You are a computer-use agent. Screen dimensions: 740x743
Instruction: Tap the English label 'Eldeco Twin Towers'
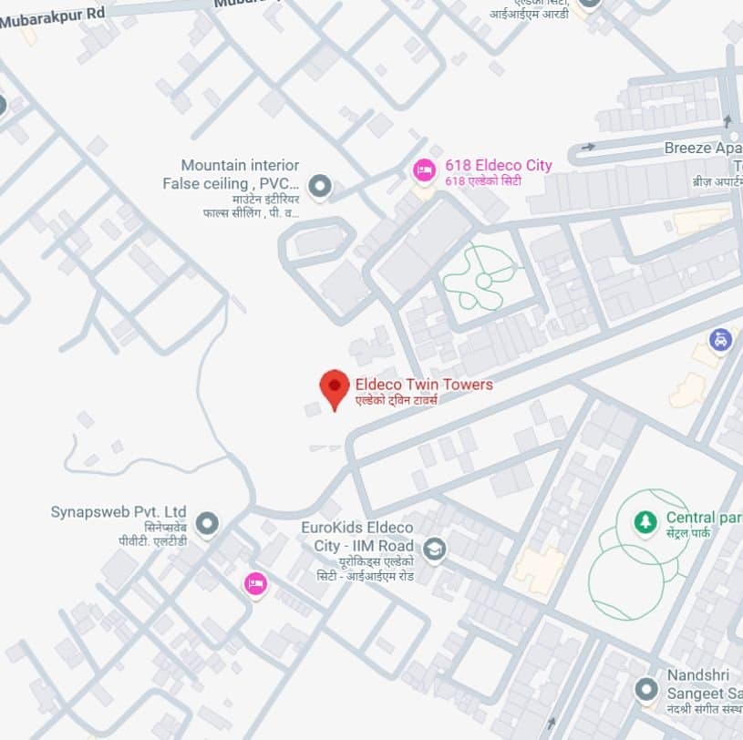[424, 385]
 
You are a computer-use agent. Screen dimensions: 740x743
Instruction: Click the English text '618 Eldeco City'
[498, 165]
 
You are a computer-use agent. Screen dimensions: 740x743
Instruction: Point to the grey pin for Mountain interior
[319, 187]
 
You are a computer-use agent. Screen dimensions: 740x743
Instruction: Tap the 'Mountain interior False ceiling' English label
[232, 174]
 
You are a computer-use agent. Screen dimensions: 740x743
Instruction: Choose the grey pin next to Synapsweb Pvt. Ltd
[208, 523]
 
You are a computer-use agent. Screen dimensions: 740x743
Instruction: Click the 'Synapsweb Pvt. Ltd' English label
[119, 511]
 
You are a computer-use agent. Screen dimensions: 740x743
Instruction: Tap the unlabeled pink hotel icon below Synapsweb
[256, 583]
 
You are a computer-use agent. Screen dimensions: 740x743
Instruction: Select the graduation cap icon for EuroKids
[435, 549]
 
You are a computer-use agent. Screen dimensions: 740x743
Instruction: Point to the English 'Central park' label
[703, 518]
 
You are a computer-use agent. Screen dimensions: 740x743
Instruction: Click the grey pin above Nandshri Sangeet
[646, 689]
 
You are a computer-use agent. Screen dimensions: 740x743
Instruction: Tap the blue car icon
[721, 341]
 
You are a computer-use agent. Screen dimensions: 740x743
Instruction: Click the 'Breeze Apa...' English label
[702, 148]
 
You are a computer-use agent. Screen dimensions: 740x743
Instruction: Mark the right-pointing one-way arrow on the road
[588, 146]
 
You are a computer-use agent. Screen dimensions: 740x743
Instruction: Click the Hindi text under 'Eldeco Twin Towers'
[397, 400]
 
